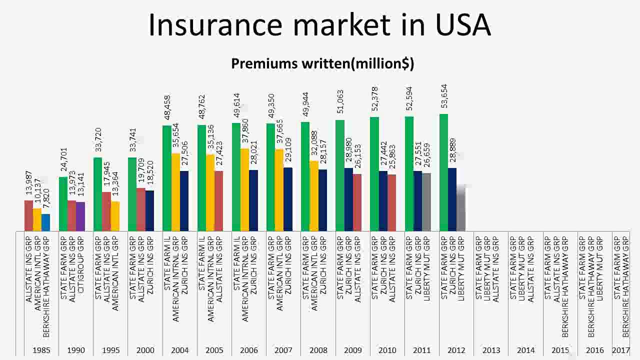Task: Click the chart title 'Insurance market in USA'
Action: coord(320,25)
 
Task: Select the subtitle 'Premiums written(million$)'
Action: coord(322,63)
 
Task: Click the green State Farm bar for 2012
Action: coord(443,172)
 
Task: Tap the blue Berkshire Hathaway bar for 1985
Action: coord(46,222)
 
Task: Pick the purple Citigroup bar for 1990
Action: coord(80,216)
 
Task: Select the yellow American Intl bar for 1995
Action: coord(115,216)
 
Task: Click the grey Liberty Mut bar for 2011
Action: coord(426,202)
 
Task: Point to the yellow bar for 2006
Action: coord(245,189)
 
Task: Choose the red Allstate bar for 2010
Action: coord(391,202)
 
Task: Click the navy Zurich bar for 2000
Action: coord(150,210)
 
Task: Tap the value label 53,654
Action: coord(444,96)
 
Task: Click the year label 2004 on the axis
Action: coord(180,350)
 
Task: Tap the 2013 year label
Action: coord(491,350)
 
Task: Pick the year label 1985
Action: coord(41,350)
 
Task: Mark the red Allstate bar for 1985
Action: coord(28,215)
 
